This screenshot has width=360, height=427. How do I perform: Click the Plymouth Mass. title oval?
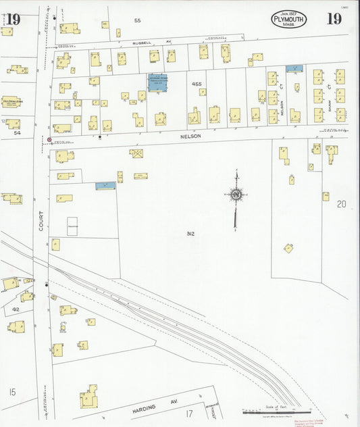(x=289, y=20)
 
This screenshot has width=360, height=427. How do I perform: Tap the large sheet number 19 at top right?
(x=334, y=19)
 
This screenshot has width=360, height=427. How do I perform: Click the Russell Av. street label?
(x=145, y=41)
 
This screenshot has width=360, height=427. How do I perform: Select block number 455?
(x=197, y=84)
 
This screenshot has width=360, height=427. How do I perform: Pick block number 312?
(x=191, y=234)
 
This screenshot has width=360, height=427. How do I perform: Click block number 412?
(x=15, y=309)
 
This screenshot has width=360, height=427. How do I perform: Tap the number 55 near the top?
(x=137, y=21)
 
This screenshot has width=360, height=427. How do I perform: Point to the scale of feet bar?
(x=277, y=410)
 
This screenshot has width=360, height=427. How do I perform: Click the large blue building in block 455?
(x=158, y=83)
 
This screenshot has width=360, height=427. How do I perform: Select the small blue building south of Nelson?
(x=104, y=184)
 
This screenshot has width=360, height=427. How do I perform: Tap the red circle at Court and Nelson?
(x=49, y=140)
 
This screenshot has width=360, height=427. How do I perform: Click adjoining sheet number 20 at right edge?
(x=342, y=203)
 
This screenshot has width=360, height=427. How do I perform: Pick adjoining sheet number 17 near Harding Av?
(x=190, y=413)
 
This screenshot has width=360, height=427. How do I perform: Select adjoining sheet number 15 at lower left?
(x=12, y=392)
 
